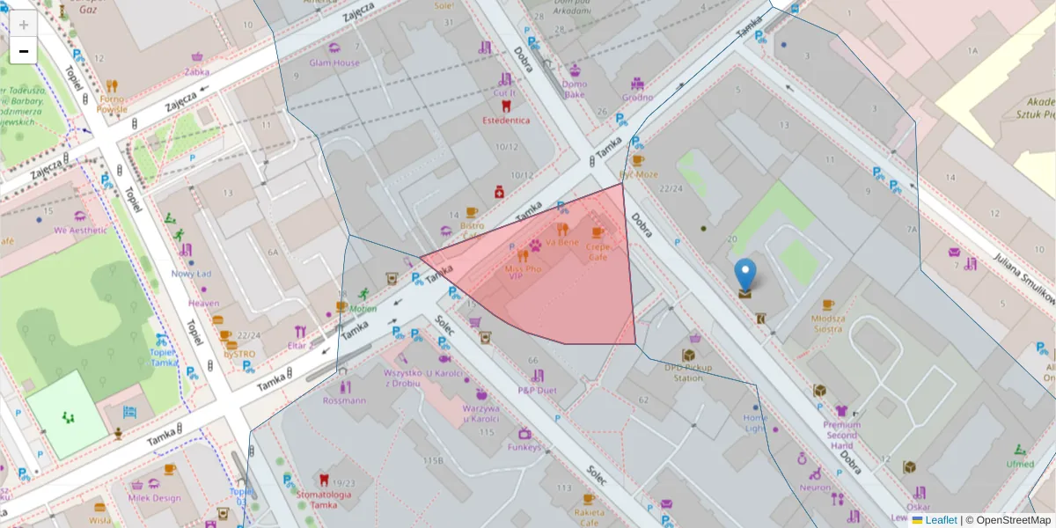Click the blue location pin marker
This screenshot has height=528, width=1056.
click(745, 275)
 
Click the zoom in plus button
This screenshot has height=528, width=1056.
click(24, 25)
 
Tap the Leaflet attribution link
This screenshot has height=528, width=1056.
click(941, 520)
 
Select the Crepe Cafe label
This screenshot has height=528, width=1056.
click(598, 253)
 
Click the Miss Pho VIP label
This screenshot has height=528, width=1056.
click(522, 272)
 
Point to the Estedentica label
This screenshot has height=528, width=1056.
click(505, 120)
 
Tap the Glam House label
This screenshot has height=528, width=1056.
click(334, 63)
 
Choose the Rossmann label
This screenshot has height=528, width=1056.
click(343, 400)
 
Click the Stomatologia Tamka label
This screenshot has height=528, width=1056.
click(324, 499)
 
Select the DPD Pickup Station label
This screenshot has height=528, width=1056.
click(688, 372)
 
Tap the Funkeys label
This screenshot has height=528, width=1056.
click(524, 447)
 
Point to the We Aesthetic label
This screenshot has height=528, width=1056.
click(80, 231)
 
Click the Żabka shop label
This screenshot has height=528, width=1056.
click(197, 72)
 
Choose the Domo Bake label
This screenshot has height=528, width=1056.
click(574, 89)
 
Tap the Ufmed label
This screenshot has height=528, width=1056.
click(1020, 464)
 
